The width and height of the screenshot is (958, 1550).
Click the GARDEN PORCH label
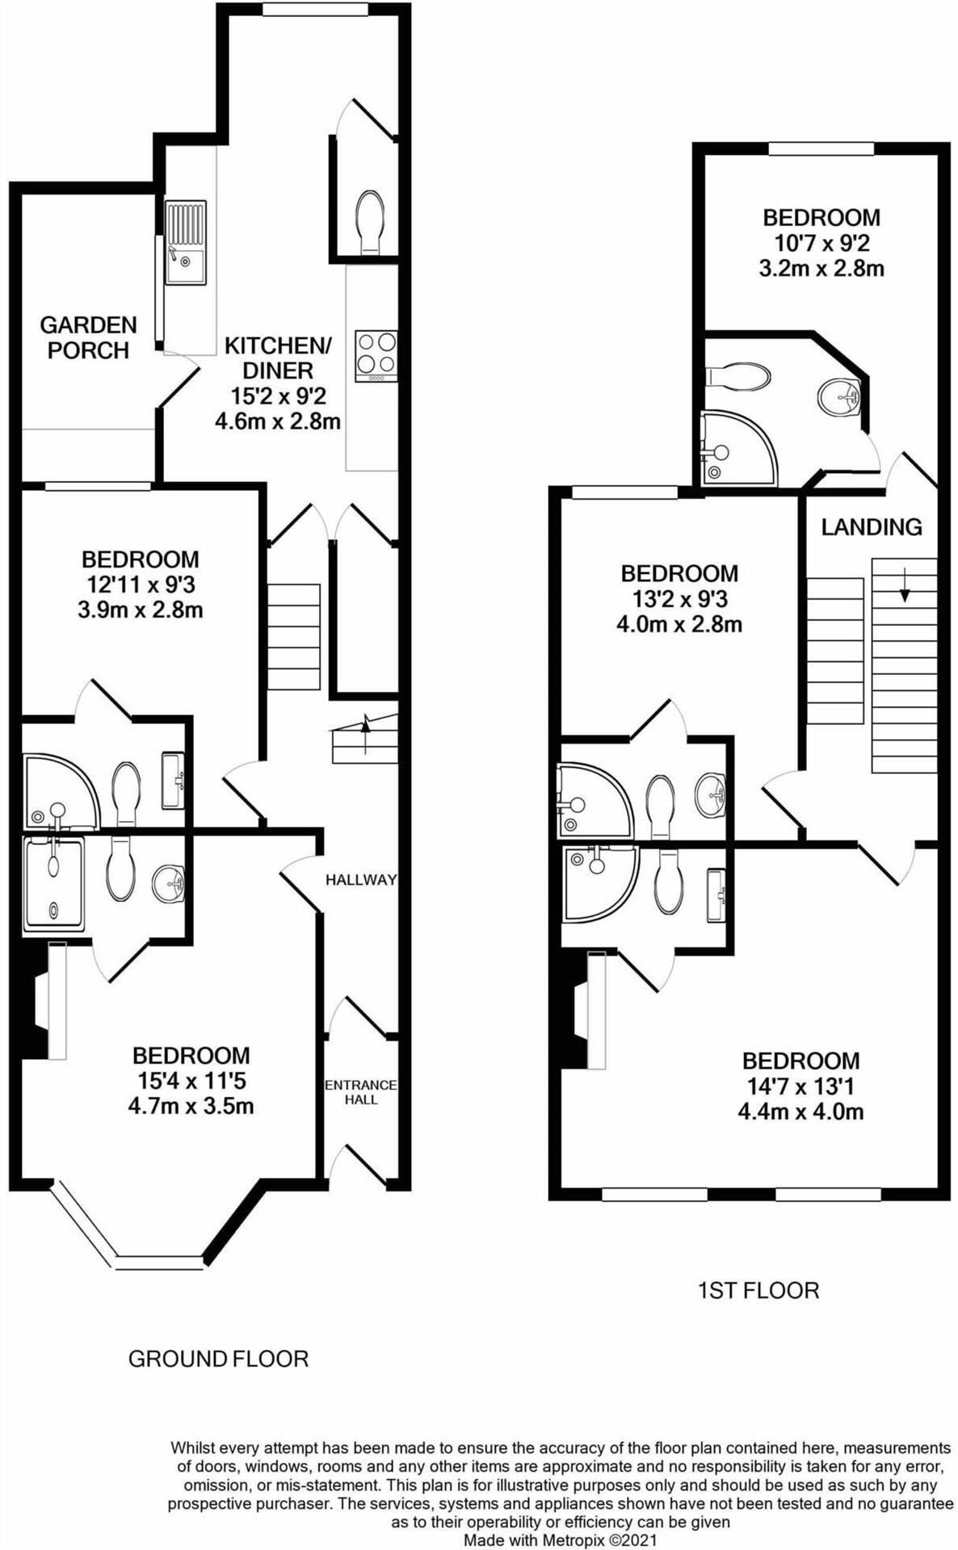(88, 337)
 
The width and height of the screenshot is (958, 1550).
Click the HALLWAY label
(361, 880)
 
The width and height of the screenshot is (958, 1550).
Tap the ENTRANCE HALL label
(361, 1091)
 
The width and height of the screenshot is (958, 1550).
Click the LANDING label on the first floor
(871, 527)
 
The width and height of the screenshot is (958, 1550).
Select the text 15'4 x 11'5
(191, 1080)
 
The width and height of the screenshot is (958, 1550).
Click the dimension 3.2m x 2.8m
(821, 268)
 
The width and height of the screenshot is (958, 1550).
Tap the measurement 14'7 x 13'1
(800, 1086)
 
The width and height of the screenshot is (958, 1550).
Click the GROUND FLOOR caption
(218, 1359)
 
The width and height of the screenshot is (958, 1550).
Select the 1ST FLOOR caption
(758, 1290)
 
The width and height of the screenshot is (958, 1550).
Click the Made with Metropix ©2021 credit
(561, 1540)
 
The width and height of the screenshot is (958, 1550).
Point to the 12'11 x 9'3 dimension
(141, 584)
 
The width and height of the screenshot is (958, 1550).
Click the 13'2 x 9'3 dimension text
(679, 599)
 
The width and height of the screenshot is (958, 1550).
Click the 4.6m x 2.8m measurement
(277, 421)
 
